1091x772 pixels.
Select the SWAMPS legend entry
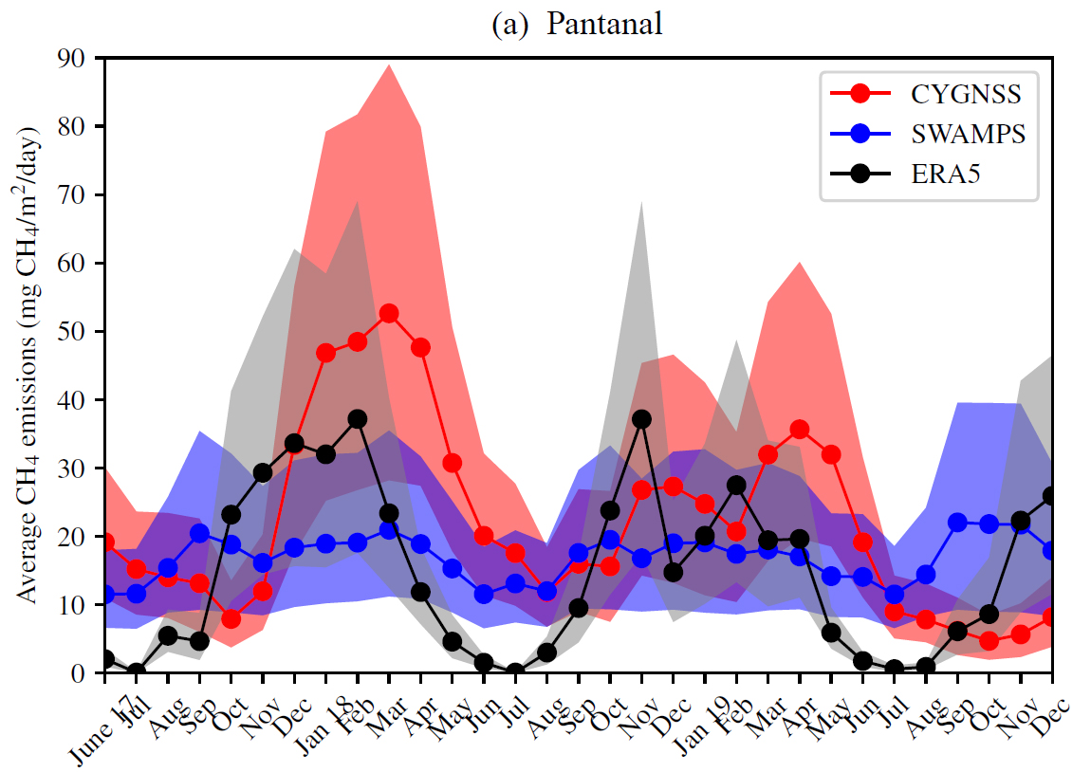(968, 134)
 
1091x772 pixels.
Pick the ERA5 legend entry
(945, 175)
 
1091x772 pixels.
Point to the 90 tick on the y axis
(73, 58)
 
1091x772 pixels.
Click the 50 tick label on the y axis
(73, 331)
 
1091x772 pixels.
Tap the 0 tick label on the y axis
(80, 672)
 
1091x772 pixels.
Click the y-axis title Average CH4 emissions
(28, 365)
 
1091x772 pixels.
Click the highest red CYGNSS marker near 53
(388, 313)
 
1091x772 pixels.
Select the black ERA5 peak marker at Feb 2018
(357, 418)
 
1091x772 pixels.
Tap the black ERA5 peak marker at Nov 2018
(641, 418)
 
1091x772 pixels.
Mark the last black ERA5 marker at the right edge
(1051, 496)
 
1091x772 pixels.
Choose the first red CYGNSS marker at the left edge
(104, 542)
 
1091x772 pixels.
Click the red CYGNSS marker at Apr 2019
(799, 430)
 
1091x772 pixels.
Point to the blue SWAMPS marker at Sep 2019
(957, 522)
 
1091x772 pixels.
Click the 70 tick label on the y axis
(73, 194)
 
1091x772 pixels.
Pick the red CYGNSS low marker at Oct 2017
(231, 618)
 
